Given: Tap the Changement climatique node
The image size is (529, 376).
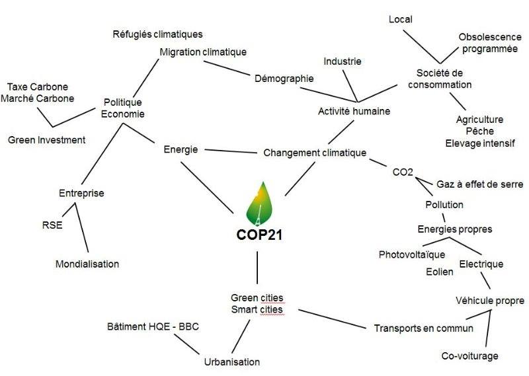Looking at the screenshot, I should (x=315, y=153).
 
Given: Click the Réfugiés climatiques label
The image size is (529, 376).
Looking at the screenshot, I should (x=157, y=34).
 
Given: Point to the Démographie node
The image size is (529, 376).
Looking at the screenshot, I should (x=284, y=78).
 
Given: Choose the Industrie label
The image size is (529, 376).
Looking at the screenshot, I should (x=343, y=61).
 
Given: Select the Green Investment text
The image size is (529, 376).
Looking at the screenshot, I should (x=46, y=139).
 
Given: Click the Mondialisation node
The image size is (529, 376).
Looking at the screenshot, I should (x=87, y=264).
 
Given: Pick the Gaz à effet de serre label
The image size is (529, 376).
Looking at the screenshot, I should (x=479, y=184).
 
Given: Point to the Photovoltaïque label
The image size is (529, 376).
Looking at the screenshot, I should (x=412, y=254).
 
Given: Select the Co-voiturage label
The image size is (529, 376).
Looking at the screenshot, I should (x=469, y=356).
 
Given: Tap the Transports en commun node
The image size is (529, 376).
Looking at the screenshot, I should (x=424, y=328).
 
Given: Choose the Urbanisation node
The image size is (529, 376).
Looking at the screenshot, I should (x=231, y=361).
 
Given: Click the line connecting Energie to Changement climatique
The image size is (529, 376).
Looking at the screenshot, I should (x=231, y=152).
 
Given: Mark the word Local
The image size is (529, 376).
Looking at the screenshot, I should (x=400, y=19).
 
